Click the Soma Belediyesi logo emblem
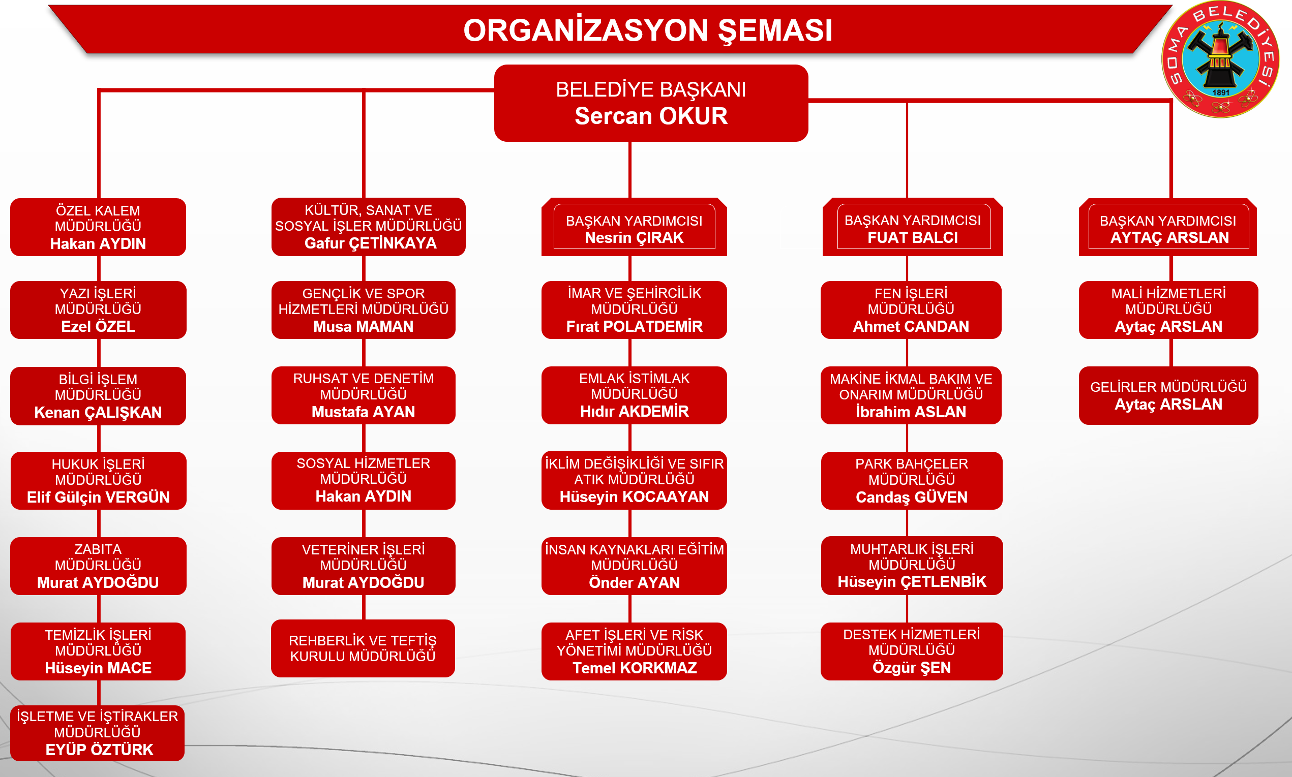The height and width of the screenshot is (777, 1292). (1220, 59)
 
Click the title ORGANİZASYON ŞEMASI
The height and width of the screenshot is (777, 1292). (648, 30)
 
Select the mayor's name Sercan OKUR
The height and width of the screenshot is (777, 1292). (651, 116)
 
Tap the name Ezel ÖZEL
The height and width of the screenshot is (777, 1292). (98, 326)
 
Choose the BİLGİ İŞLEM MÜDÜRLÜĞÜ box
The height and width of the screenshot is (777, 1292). (98, 396)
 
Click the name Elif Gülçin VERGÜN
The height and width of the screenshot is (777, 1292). (98, 497)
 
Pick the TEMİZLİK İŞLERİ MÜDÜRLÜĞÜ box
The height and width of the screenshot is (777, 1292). (98, 651)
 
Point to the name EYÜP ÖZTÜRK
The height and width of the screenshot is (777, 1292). (99, 750)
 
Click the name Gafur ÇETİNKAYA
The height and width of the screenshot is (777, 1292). (370, 243)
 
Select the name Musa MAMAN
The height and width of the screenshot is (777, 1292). (364, 326)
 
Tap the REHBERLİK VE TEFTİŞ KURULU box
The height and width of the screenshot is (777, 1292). (363, 648)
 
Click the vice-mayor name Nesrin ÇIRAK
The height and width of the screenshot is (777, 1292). (634, 238)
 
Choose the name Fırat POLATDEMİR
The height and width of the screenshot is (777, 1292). (634, 326)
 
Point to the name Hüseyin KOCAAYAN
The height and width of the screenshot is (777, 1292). (634, 496)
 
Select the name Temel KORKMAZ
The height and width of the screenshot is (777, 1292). (634, 668)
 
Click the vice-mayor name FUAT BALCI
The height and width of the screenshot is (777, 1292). (912, 238)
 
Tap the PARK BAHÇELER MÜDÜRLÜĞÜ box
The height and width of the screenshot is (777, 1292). (912, 481)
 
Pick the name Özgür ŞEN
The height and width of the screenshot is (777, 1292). (911, 668)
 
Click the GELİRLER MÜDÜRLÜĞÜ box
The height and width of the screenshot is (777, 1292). (1168, 395)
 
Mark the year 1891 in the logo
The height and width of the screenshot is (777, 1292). (1221, 92)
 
